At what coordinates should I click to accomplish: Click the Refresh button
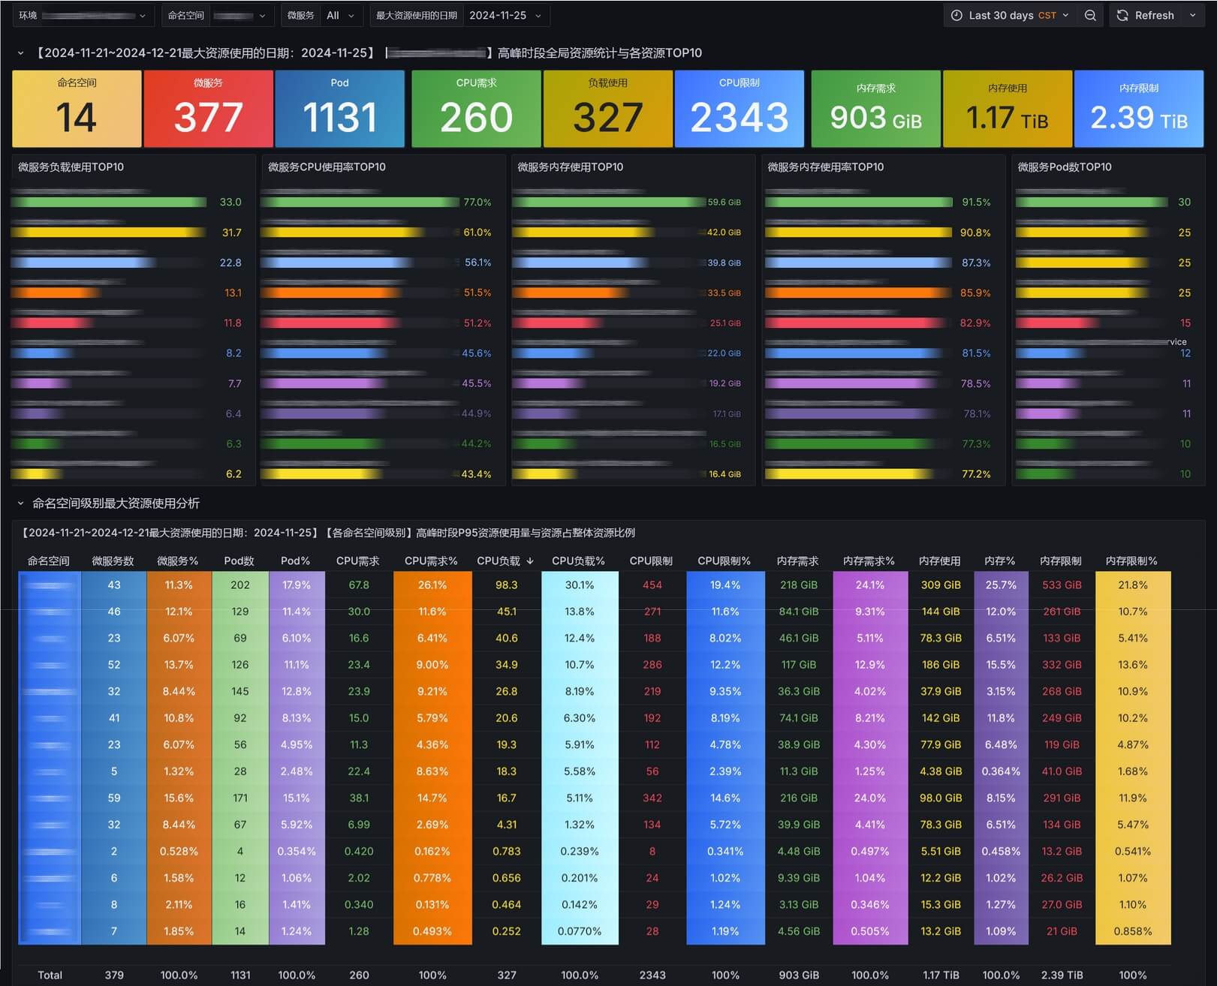click(1146, 15)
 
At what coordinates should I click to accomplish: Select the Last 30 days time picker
click(1010, 15)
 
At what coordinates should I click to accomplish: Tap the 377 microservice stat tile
click(208, 109)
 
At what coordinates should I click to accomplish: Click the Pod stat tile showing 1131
click(339, 109)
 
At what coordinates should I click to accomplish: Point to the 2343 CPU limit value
click(739, 117)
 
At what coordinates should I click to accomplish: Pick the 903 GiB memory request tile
click(875, 109)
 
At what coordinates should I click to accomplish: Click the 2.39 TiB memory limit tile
click(1138, 109)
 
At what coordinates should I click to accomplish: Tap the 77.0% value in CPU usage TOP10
click(477, 203)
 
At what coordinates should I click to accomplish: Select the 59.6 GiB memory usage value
click(724, 203)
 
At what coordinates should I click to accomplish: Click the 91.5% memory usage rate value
click(976, 203)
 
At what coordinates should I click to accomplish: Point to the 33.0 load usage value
click(230, 203)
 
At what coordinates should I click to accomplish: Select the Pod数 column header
click(239, 561)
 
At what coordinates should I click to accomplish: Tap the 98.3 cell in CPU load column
click(507, 585)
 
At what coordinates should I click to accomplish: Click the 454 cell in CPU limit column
click(652, 585)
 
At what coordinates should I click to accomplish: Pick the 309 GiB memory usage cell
click(940, 585)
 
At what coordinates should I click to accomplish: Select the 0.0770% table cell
click(579, 931)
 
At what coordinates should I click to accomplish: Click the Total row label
click(50, 975)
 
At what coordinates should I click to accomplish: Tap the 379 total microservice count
click(114, 975)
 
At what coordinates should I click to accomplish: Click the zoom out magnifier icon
click(1090, 15)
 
